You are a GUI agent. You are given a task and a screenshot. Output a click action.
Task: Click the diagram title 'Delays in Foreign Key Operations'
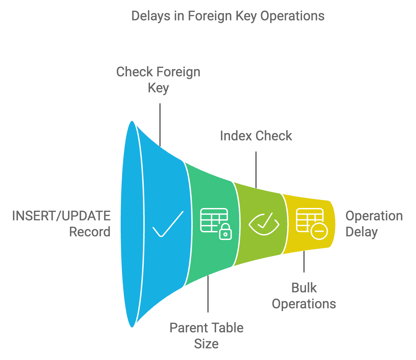[x=228, y=16]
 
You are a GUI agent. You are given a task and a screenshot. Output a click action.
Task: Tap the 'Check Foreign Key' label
[x=158, y=80]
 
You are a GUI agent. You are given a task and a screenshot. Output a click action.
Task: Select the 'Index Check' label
[x=256, y=136]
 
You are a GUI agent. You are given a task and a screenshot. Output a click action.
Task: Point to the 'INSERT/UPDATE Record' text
[x=61, y=224]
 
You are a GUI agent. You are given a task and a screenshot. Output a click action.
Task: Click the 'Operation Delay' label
[x=374, y=224]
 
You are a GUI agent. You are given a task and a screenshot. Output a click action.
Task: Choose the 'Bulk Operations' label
[x=304, y=296]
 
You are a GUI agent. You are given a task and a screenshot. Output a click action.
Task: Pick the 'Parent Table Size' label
[x=207, y=336]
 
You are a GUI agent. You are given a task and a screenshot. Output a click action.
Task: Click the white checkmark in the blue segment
[x=168, y=224]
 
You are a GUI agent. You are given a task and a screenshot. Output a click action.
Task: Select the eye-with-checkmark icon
[x=264, y=224]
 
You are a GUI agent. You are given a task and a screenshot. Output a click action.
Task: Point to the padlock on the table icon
[x=225, y=232]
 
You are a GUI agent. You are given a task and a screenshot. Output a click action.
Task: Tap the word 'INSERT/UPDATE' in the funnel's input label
[x=61, y=216]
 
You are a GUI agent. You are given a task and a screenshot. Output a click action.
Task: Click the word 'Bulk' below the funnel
[x=304, y=288]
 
